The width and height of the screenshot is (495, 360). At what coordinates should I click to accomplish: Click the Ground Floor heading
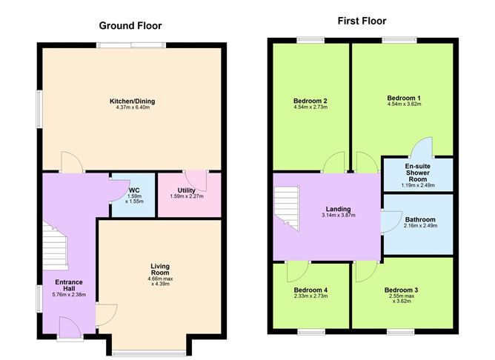tap(131, 25)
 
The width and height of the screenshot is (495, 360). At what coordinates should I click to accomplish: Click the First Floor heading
tap(363, 21)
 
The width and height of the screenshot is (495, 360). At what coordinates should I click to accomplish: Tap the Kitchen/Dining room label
tap(133, 101)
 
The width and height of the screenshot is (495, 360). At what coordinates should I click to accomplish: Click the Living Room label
tap(161, 270)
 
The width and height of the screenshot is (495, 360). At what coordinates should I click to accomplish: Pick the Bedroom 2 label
tap(310, 101)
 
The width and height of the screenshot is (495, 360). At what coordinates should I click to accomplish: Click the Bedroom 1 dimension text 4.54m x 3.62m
tap(404, 105)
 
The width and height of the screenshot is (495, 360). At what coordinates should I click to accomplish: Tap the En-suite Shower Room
tap(417, 174)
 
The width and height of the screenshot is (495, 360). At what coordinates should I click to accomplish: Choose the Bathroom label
tap(420, 219)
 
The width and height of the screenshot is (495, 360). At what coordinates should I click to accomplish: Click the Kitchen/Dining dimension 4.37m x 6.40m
tap(133, 108)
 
